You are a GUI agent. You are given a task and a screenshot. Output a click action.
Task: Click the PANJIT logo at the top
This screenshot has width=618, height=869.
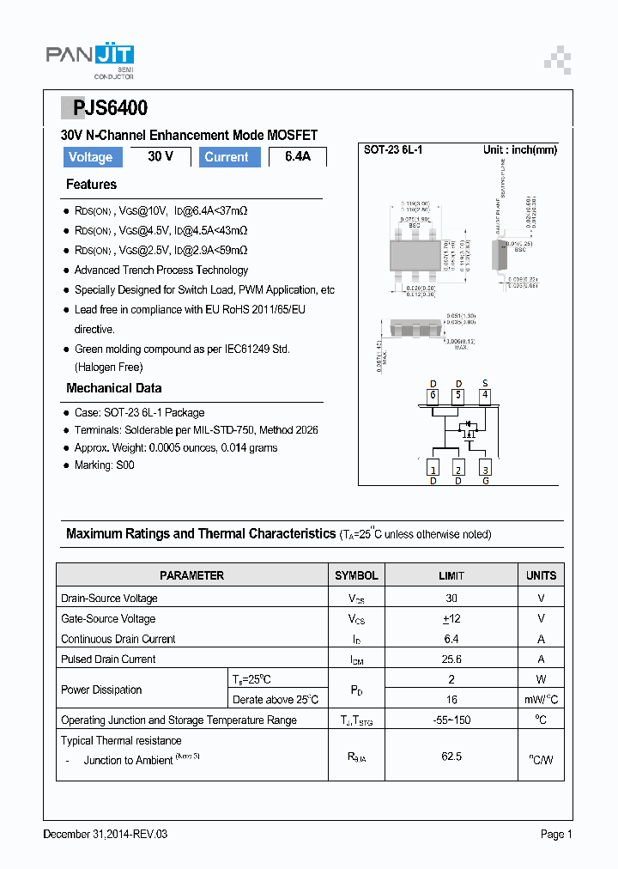(x=89, y=58)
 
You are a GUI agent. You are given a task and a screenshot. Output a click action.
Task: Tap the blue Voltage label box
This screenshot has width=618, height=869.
(x=90, y=157)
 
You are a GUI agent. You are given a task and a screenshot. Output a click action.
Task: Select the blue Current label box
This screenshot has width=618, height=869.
(x=227, y=157)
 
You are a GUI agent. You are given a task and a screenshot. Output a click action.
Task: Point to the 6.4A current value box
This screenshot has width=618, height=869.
(x=297, y=157)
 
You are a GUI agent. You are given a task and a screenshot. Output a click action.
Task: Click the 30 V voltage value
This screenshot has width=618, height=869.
(x=161, y=157)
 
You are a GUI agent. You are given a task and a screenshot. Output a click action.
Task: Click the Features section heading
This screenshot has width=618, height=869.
(x=91, y=185)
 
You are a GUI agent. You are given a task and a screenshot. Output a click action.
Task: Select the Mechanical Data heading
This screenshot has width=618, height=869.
(x=113, y=388)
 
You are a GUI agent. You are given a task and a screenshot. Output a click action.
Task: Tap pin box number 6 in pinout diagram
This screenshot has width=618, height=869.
(x=433, y=396)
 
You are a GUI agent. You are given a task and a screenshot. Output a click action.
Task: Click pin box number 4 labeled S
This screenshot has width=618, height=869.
(x=485, y=396)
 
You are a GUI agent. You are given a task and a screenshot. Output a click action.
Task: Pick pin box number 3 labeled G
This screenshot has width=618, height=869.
(x=485, y=469)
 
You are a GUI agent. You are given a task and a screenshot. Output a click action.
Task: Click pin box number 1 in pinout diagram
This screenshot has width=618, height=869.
(x=433, y=469)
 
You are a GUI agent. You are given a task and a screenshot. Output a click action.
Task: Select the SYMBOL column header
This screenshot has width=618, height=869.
(x=356, y=575)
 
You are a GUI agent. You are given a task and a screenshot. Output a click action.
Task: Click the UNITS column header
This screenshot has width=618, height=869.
(x=541, y=575)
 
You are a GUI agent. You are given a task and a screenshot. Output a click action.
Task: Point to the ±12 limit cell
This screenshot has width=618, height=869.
(x=451, y=618)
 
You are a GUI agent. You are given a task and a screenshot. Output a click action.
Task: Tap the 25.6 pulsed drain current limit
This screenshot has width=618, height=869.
(x=451, y=659)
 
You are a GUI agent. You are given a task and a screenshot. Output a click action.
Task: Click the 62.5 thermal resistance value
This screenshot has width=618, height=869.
(x=451, y=757)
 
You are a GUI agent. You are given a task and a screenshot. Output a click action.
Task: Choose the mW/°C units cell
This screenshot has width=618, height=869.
(x=541, y=700)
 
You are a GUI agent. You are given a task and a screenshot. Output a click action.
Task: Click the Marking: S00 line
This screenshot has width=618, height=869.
(x=104, y=465)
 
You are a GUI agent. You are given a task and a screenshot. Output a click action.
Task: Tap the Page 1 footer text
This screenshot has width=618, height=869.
(x=555, y=834)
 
